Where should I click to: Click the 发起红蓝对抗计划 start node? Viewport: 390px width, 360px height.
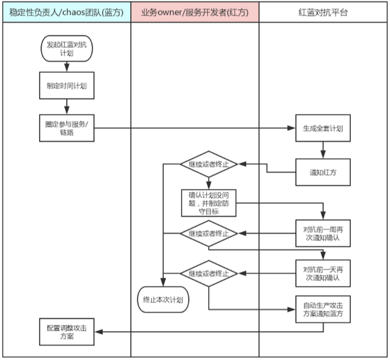point(66,49)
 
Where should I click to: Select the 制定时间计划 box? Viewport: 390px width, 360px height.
point(66,86)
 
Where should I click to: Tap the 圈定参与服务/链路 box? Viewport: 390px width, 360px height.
point(66,128)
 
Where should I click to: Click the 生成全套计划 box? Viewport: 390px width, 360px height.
point(323,129)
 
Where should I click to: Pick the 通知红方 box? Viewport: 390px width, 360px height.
point(323,172)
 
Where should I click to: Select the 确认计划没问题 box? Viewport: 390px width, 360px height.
point(209,202)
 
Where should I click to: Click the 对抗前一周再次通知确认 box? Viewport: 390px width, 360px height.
point(323,233)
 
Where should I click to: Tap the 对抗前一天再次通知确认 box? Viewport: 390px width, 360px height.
point(323,273)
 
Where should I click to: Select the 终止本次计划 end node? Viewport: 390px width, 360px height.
point(163,299)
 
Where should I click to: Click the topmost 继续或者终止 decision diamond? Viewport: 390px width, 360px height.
point(209,164)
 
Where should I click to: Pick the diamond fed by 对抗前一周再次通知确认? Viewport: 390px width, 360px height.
point(209,233)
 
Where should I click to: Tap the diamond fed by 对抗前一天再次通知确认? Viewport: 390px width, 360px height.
point(209,273)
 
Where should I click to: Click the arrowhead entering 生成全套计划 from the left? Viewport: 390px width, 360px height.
point(292,129)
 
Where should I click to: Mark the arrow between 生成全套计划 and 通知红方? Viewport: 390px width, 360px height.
point(323,150)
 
